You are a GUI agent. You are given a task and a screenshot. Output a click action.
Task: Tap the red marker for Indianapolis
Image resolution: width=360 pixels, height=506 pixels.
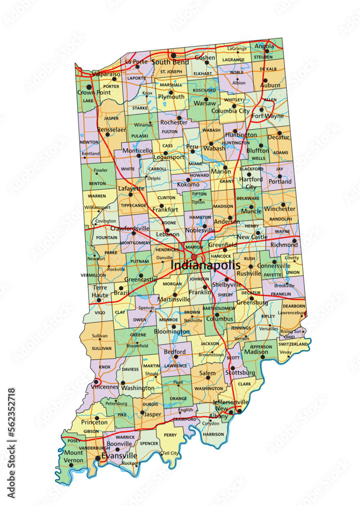point(194,257)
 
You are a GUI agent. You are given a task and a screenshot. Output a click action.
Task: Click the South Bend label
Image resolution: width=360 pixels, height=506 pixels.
point(170,62)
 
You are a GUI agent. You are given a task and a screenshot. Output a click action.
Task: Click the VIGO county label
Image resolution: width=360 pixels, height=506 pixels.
point(100,313)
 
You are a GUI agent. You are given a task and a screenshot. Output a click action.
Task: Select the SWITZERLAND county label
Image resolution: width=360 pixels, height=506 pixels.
point(293,344)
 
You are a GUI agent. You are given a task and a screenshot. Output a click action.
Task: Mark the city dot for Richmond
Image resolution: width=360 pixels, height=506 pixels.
point(294,241)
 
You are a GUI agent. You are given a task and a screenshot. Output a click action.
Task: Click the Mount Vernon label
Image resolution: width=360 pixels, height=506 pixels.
point(73,456)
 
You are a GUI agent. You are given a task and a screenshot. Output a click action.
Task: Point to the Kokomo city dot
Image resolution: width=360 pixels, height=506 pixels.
point(188,179)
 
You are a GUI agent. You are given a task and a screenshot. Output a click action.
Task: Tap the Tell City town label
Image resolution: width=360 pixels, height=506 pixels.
point(170,453)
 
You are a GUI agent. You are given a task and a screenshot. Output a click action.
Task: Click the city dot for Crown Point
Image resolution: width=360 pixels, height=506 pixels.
point(95,87)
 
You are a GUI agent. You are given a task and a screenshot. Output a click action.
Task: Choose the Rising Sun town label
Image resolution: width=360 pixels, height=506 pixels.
point(291,331)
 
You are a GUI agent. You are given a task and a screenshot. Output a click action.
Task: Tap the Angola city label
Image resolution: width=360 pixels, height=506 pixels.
point(264,46)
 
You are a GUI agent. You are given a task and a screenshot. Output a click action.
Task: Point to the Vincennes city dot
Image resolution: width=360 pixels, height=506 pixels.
point(96,382)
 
